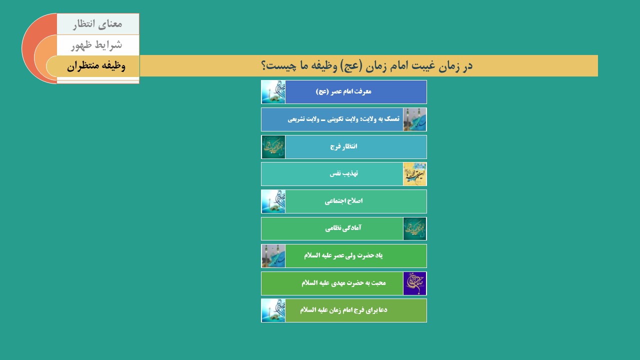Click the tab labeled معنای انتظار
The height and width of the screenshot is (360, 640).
click(97, 24)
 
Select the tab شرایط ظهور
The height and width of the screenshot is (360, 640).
click(97, 45)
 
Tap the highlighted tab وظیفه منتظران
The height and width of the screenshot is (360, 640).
click(96, 66)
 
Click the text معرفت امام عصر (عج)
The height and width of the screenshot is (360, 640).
click(343, 91)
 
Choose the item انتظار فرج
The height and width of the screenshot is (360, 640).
click(343, 146)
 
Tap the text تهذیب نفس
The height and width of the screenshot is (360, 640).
click(343, 173)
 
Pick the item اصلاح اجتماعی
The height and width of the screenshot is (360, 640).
click(343, 201)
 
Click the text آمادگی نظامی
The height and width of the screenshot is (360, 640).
click(343, 228)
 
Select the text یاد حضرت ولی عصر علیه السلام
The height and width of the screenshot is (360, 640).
click(343, 255)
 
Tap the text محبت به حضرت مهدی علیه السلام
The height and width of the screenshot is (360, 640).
click(343, 283)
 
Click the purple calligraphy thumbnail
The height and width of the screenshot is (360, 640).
click(414, 283)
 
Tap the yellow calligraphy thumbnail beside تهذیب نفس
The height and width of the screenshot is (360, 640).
click(414, 174)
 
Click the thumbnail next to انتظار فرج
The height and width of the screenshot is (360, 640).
click(273, 147)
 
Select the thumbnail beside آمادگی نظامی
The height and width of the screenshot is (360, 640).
click(414, 228)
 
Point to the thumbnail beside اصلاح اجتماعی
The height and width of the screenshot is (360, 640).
click(273, 201)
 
